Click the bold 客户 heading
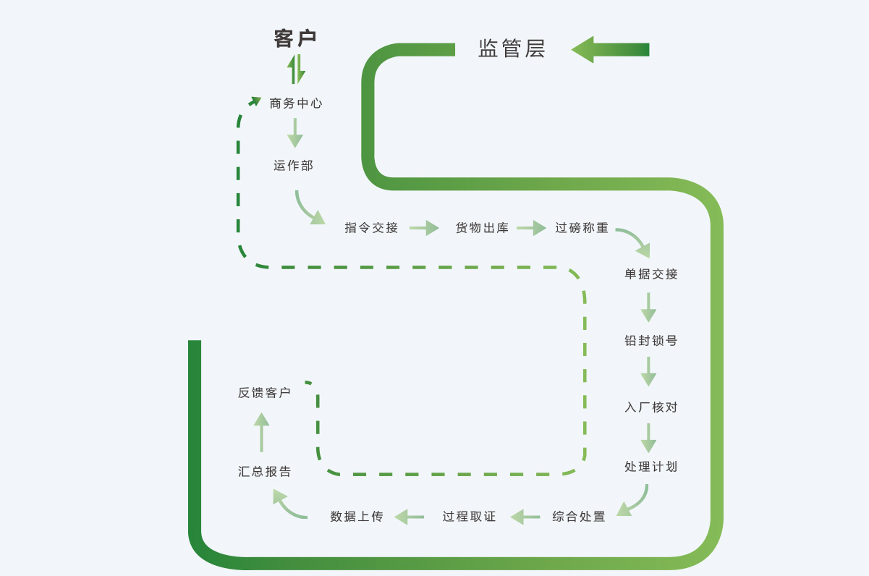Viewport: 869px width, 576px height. point(295,38)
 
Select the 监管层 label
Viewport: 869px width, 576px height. point(512,48)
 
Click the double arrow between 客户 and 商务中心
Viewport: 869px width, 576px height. point(296,69)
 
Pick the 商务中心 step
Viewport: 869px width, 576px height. point(296,103)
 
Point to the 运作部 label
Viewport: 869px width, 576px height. point(294,166)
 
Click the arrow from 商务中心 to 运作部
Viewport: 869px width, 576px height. point(294,133)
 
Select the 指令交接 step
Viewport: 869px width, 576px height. point(371,228)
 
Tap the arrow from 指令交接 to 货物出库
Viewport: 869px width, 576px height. point(424,228)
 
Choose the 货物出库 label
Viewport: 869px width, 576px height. point(482,228)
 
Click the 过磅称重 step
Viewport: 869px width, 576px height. point(582,228)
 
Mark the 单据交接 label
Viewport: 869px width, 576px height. point(651,274)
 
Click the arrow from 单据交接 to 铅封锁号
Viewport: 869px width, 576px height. point(648,308)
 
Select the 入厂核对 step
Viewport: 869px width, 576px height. point(651,407)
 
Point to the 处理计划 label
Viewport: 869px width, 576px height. point(651,467)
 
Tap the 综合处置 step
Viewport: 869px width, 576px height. point(579,517)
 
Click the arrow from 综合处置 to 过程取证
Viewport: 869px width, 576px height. point(525,517)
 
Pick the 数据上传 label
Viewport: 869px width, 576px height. point(357,517)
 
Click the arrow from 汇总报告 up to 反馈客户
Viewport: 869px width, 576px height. point(261,432)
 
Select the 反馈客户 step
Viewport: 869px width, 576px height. point(264,393)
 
